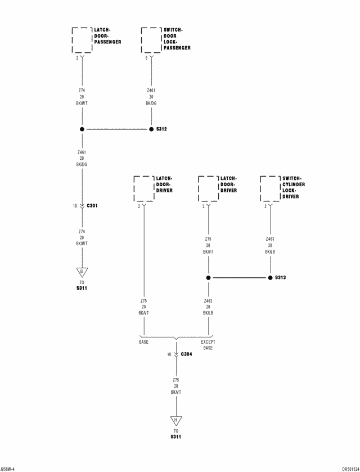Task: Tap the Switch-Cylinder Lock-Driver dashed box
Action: pyautogui.click(x=270, y=188)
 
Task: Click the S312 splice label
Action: pyautogui.click(x=161, y=129)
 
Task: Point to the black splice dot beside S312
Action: pyautogui.click(x=151, y=129)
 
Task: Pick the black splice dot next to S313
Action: pyautogui.click(x=270, y=277)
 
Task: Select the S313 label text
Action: pyautogui.click(x=281, y=277)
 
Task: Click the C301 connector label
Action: pyautogui.click(x=92, y=206)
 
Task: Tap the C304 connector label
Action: pyautogui.click(x=187, y=354)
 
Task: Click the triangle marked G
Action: pyautogui.click(x=82, y=272)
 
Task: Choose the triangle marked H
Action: pyautogui.click(x=176, y=420)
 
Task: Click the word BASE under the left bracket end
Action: pyautogui.click(x=144, y=342)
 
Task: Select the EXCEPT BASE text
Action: pyautogui.click(x=208, y=345)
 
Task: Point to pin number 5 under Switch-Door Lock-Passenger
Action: pyautogui.click(x=146, y=57)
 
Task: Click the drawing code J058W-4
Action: pyautogui.click(x=8, y=468)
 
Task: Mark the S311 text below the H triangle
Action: pyautogui.click(x=176, y=437)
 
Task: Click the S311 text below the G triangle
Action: pyautogui.click(x=82, y=288)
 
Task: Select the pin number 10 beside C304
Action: pyautogui.click(x=169, y=354)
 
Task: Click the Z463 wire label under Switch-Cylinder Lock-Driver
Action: pyautogui.click(x=270, y=239)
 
